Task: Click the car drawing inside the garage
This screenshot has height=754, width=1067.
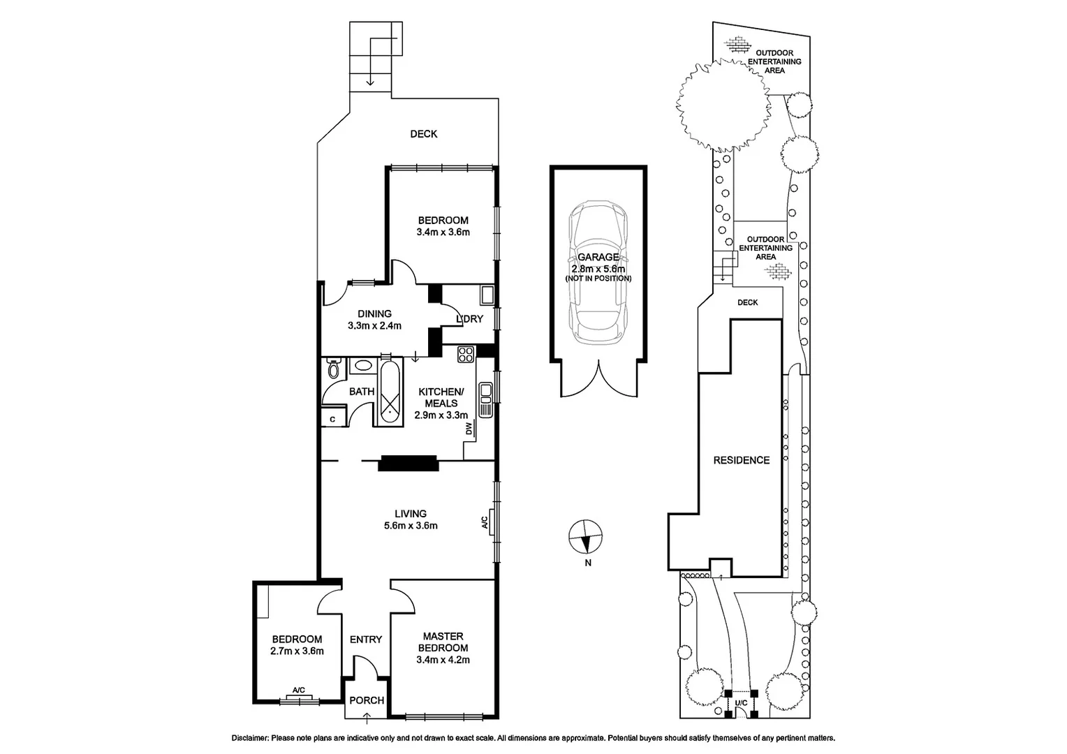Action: click(598, 272)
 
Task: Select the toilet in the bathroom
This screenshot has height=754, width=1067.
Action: click(333, 369)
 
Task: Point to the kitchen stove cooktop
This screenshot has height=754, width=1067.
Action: click(465, 355)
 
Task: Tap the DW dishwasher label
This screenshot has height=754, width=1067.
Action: click(469, 428)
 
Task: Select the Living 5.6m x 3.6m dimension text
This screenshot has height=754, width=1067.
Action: click(411, 526)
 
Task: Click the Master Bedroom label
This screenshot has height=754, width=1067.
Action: click(443, 642)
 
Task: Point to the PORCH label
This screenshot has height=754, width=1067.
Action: click(367, 700)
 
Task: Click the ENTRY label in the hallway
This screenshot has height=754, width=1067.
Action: click(366, 640)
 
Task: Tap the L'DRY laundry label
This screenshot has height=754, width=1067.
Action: click(469, 319)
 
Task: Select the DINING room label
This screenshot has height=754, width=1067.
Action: click(374, 313)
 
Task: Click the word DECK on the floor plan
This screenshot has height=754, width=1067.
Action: click(423, 133)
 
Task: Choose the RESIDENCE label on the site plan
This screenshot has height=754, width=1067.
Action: click(741, 460)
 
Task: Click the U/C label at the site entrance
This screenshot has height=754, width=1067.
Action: click(741, 702)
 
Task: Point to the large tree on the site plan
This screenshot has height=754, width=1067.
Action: click(722, 103)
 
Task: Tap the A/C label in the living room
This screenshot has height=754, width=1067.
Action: click(483, 522)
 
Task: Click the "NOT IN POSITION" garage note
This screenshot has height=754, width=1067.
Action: click(598, 279)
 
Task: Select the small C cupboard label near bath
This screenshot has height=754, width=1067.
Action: click(333, 419)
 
